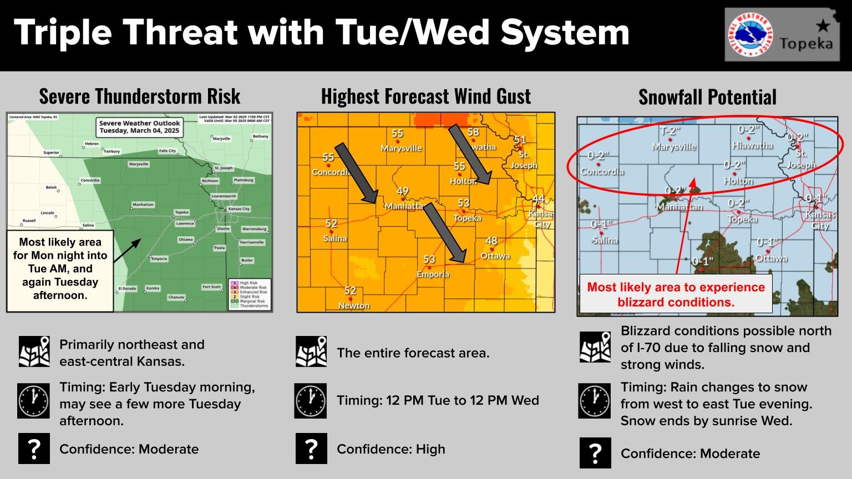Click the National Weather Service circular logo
point(749,34)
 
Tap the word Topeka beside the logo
point(805,43)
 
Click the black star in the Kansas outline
point(823,25)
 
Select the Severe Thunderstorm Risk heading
point(139,96)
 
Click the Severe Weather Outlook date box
point(139,127)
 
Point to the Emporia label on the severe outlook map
point(159,259)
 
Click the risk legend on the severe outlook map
point(250,294)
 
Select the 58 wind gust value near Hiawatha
point(473,132)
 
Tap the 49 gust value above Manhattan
point(403,191)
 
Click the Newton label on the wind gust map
point(353,305)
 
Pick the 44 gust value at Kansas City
point(538,198)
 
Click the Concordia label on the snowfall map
point(602,171)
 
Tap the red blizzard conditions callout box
point(676,294)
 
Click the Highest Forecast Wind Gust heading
point(425,96)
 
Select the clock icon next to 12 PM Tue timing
point(311,401)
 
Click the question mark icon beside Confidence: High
point(311,449)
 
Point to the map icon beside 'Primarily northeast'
point(34,352)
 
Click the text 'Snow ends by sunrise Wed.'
point(706,421)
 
